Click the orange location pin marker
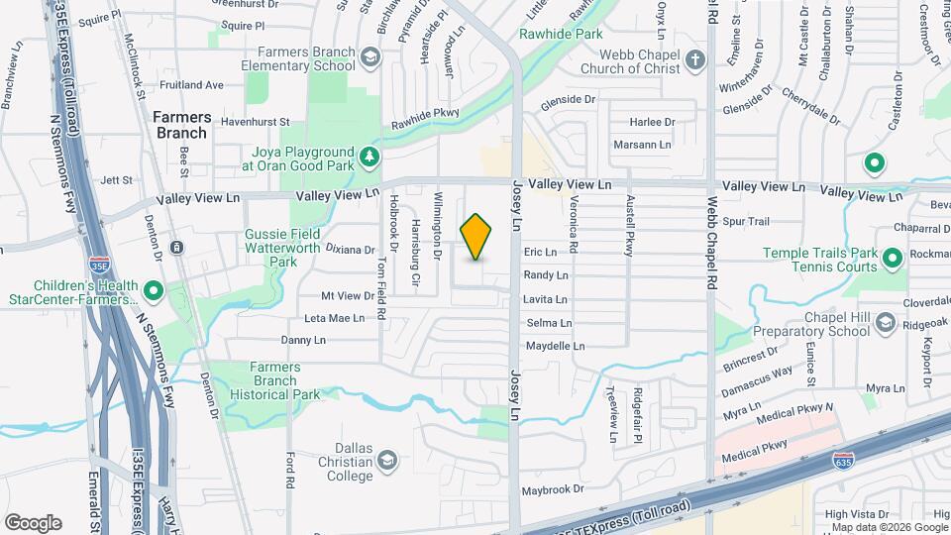476,237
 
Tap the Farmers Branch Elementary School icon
370,58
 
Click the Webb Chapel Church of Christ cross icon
696,59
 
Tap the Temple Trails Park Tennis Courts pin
892,260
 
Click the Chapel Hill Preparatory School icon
885,324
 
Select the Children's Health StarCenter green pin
153,291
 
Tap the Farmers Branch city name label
180,124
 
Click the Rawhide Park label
561,34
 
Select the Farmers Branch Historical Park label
274,380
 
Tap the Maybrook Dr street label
554,489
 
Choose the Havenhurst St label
255,122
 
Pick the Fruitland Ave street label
190,85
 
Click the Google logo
34,522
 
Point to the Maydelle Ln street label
555,347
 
